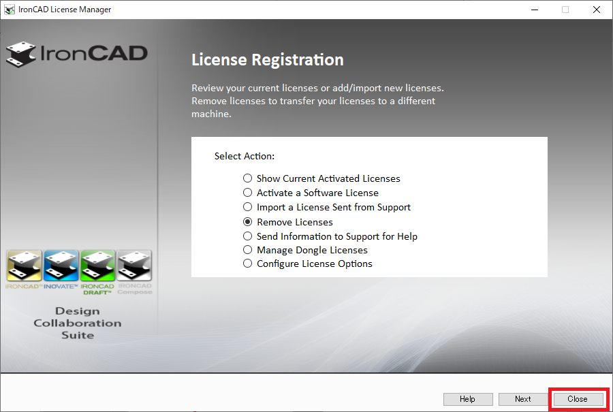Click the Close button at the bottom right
coord(577,399)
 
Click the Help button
coord(467,399)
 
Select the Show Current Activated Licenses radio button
coord(248,178)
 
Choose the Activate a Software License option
coord(248,193)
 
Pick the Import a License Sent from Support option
coord(248,207)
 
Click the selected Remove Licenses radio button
coord(248,222)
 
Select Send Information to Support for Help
coord(248,236)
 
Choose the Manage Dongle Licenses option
coord(248,250)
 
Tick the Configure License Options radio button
coord(248,264)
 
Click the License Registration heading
coord(267,60)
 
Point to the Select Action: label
coord(245,156)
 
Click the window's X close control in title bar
coord(597,10)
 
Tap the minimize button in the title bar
coord(533,10)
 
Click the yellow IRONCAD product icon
coord(24,266)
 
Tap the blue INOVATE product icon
coord(61,266)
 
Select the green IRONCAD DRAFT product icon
coord(97,266)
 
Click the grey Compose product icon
coord(134,266)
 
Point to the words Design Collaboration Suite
coord(78,323)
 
